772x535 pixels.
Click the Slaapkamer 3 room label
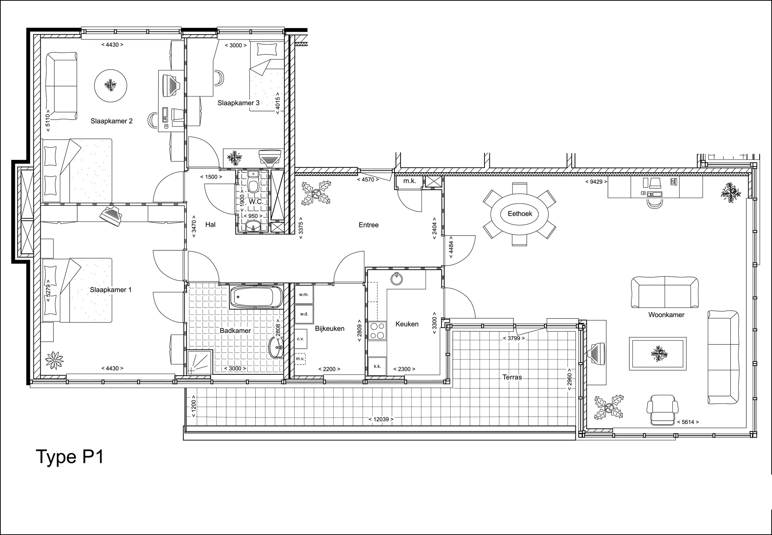point(238,103)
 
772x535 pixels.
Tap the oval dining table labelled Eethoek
point(519,213)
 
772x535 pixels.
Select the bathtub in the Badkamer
point(256,297)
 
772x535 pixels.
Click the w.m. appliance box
point(304,294)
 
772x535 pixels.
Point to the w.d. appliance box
point(304,314)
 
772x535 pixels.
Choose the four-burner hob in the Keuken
point(378,331)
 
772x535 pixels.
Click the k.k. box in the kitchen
point(378,366)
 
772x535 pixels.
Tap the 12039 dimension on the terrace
point(381,419)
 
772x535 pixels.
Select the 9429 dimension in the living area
point(596,182)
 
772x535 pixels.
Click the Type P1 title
point(70,457)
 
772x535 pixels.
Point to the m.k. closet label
point(410,181)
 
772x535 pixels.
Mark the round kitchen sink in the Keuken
point(397,279)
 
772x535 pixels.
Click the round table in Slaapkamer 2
point(111,85)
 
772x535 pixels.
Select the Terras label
point(512,377)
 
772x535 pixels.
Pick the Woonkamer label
point(666,315)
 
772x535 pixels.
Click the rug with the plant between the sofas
point(657,353)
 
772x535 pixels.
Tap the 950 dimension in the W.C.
point(253,216)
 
